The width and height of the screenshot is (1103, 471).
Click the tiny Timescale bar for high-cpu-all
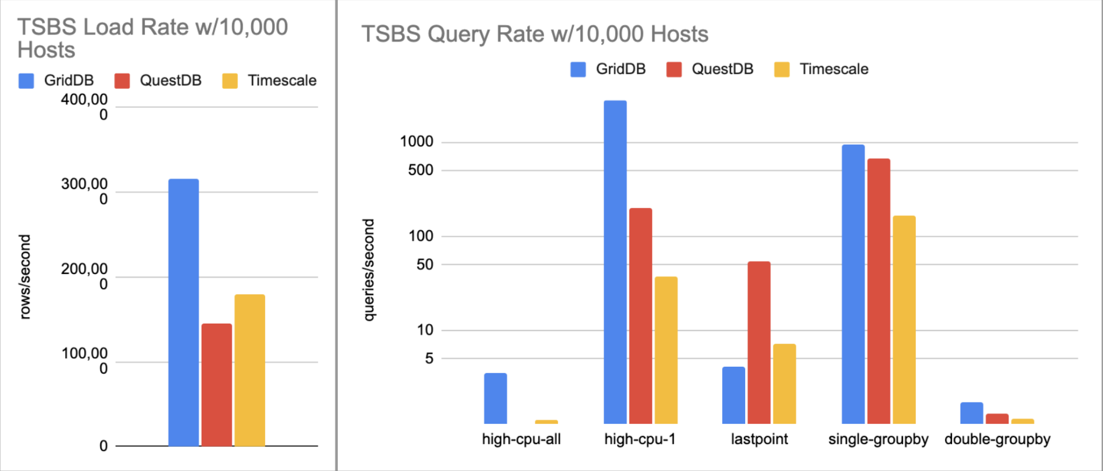[546, 421]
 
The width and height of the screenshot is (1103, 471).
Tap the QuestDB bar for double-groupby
[997, 419]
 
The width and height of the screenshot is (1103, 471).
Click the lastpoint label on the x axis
[759, 439]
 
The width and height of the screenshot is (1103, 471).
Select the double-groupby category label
[997, 439]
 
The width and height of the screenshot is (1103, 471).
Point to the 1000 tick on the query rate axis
[416, 142]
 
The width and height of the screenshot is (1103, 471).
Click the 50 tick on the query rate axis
[425, 264]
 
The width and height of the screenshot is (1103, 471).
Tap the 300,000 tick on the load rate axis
[84, 191]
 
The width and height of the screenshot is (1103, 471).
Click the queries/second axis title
[368, 269]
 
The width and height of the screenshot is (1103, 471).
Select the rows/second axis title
[24, 276]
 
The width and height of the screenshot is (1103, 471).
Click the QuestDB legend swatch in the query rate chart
[674, 70]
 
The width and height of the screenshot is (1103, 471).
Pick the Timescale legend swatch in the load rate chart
[230, 81]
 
